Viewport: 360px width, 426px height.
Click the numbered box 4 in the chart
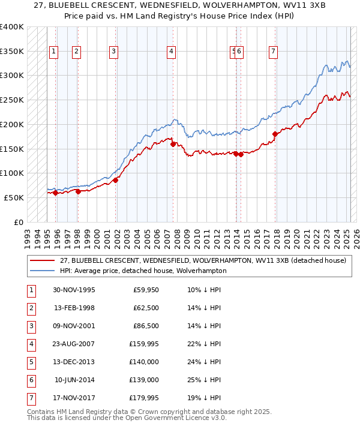coord(172,52)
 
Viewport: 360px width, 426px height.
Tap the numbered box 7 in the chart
coord(273,52)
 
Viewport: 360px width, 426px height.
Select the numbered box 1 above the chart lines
coord(54,52)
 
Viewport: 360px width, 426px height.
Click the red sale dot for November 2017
coord(275,134)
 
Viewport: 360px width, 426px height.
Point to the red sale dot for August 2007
coord(173,144)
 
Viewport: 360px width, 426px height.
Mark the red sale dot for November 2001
coord(115,179)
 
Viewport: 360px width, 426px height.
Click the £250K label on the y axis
coord(12,100)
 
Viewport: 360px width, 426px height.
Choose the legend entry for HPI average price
coord(143,271)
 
